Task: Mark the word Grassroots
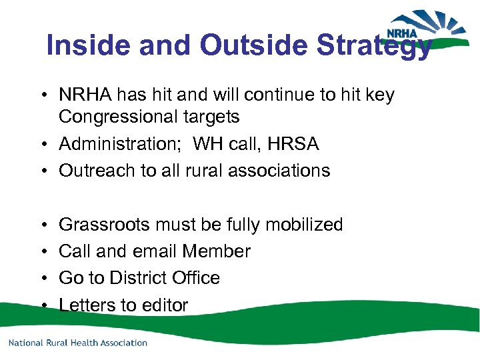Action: tap(104, 225)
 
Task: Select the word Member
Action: tap(217, 251)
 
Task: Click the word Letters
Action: tap(87, 305)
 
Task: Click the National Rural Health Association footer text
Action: tap(78, 343)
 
